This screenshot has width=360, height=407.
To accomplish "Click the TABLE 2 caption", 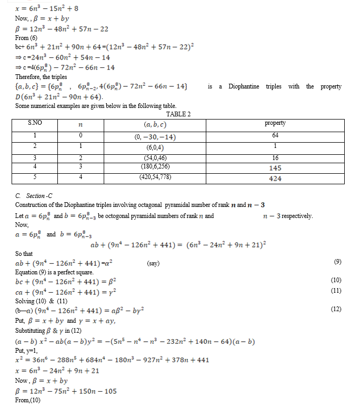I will tap(178, 114).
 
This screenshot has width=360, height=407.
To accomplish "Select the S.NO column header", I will tap(35, 123).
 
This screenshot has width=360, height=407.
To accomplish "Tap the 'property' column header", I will tap(275, 123).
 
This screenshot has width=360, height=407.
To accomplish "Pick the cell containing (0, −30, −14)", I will tap(155, 136).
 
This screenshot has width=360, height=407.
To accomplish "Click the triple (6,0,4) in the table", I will tap(155, 147).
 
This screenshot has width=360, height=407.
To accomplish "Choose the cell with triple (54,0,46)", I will tap(155, 158).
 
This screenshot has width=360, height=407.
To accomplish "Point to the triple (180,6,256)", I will tap(155, 167).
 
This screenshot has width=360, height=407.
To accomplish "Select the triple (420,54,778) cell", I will tap(155, 177).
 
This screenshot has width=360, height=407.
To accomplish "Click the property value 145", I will tap(275, 168).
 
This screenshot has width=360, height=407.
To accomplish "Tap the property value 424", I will tap(275, 178).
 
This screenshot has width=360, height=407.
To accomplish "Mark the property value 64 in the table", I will tap(275, 136).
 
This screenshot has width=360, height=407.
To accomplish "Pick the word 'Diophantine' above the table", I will tap(244, 86).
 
